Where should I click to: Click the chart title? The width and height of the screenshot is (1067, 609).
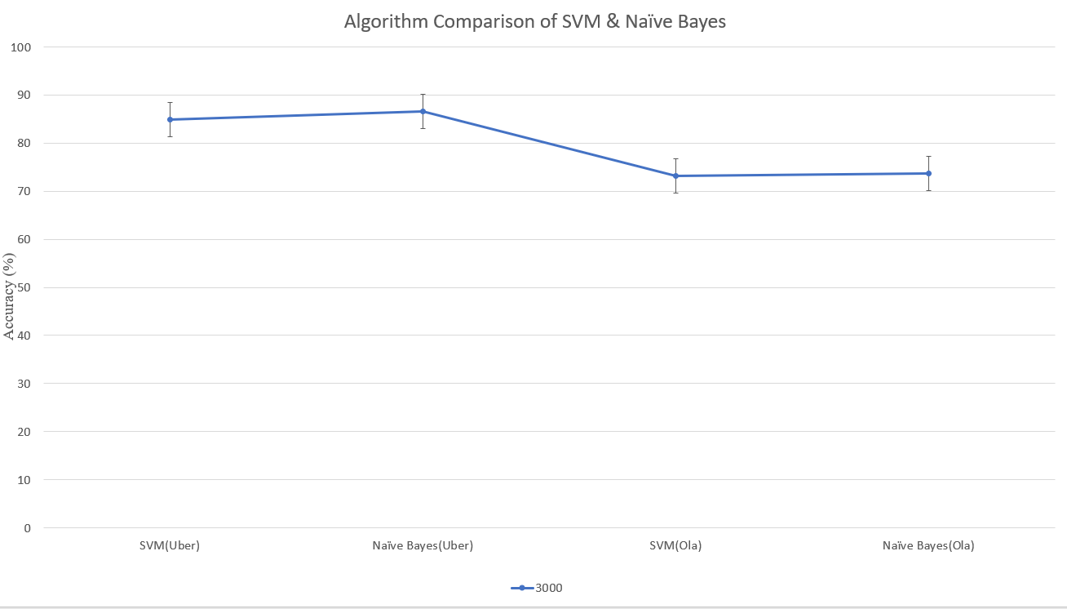[x=534, y=22]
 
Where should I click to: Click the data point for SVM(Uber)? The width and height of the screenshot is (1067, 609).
[x=170, y=119]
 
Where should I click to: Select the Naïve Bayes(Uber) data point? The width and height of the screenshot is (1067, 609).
[x=423, y=111]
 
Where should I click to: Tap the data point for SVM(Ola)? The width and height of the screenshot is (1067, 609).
[x=675, y=176]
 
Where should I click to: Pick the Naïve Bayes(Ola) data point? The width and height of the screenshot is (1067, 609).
[x=928, y=173]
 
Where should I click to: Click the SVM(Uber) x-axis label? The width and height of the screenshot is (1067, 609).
[x=170, y=546]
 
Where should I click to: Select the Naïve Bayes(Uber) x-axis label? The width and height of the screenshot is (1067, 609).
[x=423, y=546]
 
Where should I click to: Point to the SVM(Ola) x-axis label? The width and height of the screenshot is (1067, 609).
[x=675, y=546]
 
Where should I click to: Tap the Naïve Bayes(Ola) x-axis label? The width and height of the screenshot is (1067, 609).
[x=928, y=546]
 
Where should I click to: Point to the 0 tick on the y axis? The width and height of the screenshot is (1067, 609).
[x=27, y=528]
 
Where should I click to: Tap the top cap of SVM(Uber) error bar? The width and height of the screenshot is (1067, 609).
[x=170, y=103]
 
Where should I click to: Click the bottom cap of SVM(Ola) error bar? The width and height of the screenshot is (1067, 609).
[x=675, y=193]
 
